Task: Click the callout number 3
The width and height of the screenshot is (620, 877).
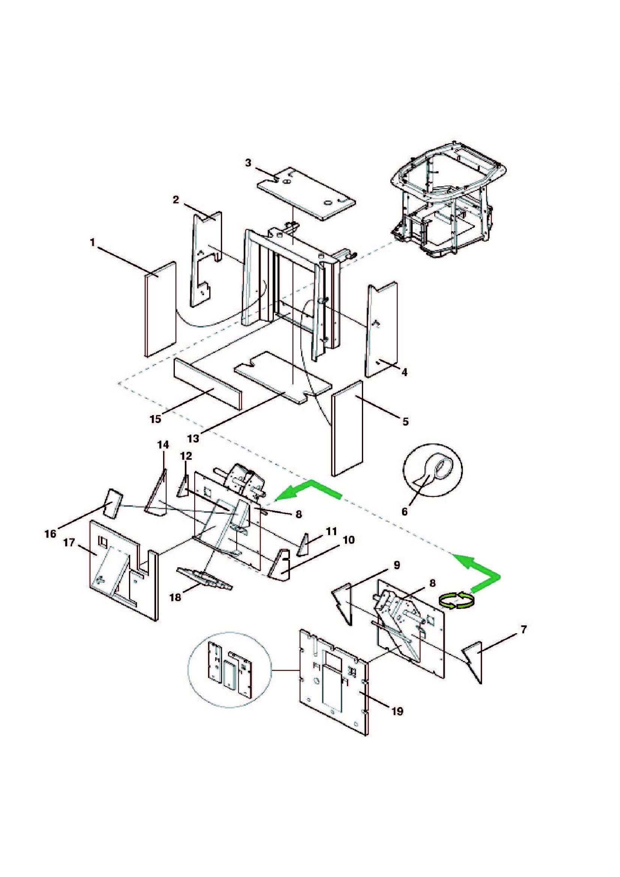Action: coord(248,163)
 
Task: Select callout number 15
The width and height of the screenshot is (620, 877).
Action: coord(156,419)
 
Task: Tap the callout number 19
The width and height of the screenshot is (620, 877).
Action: coord(397,711)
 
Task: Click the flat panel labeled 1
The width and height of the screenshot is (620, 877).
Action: coord(161,309)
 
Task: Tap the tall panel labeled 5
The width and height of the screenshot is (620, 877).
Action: coord(347,428)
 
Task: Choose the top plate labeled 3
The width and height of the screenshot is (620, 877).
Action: coord(306,193)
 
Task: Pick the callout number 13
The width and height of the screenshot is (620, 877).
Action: coord(193,439)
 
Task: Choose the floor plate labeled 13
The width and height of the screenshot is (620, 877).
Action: coord(283,376)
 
